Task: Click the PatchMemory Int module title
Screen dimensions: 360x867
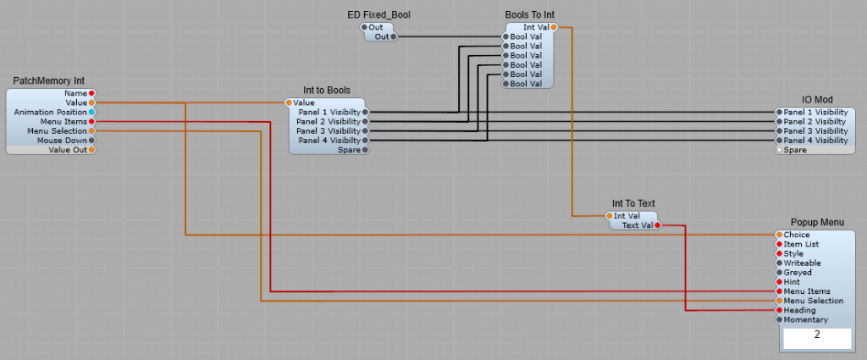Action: tap(49, 81)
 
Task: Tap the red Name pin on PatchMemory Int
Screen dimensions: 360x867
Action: tap(91, 93)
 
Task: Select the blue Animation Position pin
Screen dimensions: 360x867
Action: tap(91, 112)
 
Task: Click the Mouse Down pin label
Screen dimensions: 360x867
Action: tap(62, 141)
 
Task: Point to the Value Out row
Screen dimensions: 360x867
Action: tap(51, 150)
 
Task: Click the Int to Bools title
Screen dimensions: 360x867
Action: tap(327, 91)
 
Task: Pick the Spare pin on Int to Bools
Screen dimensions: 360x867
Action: tap(366, 150)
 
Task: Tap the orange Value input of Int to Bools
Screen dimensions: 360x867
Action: tap(289, 102)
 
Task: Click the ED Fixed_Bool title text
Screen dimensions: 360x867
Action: tap(378, 14)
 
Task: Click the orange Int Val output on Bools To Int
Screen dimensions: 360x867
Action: tap(554, 27)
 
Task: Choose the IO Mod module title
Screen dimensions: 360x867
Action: tap(818, 100)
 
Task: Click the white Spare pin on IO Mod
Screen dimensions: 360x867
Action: tap(779, 150)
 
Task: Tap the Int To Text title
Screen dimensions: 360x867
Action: tap(633, 203)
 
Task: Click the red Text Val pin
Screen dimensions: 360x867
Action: tap(657, 225)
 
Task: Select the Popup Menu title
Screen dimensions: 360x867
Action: tap(818, 223)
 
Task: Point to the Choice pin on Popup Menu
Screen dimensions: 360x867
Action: tap(779, 235)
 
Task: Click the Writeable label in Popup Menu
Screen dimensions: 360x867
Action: tap(802, 263)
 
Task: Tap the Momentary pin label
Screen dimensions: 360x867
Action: tap(805, 320)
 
